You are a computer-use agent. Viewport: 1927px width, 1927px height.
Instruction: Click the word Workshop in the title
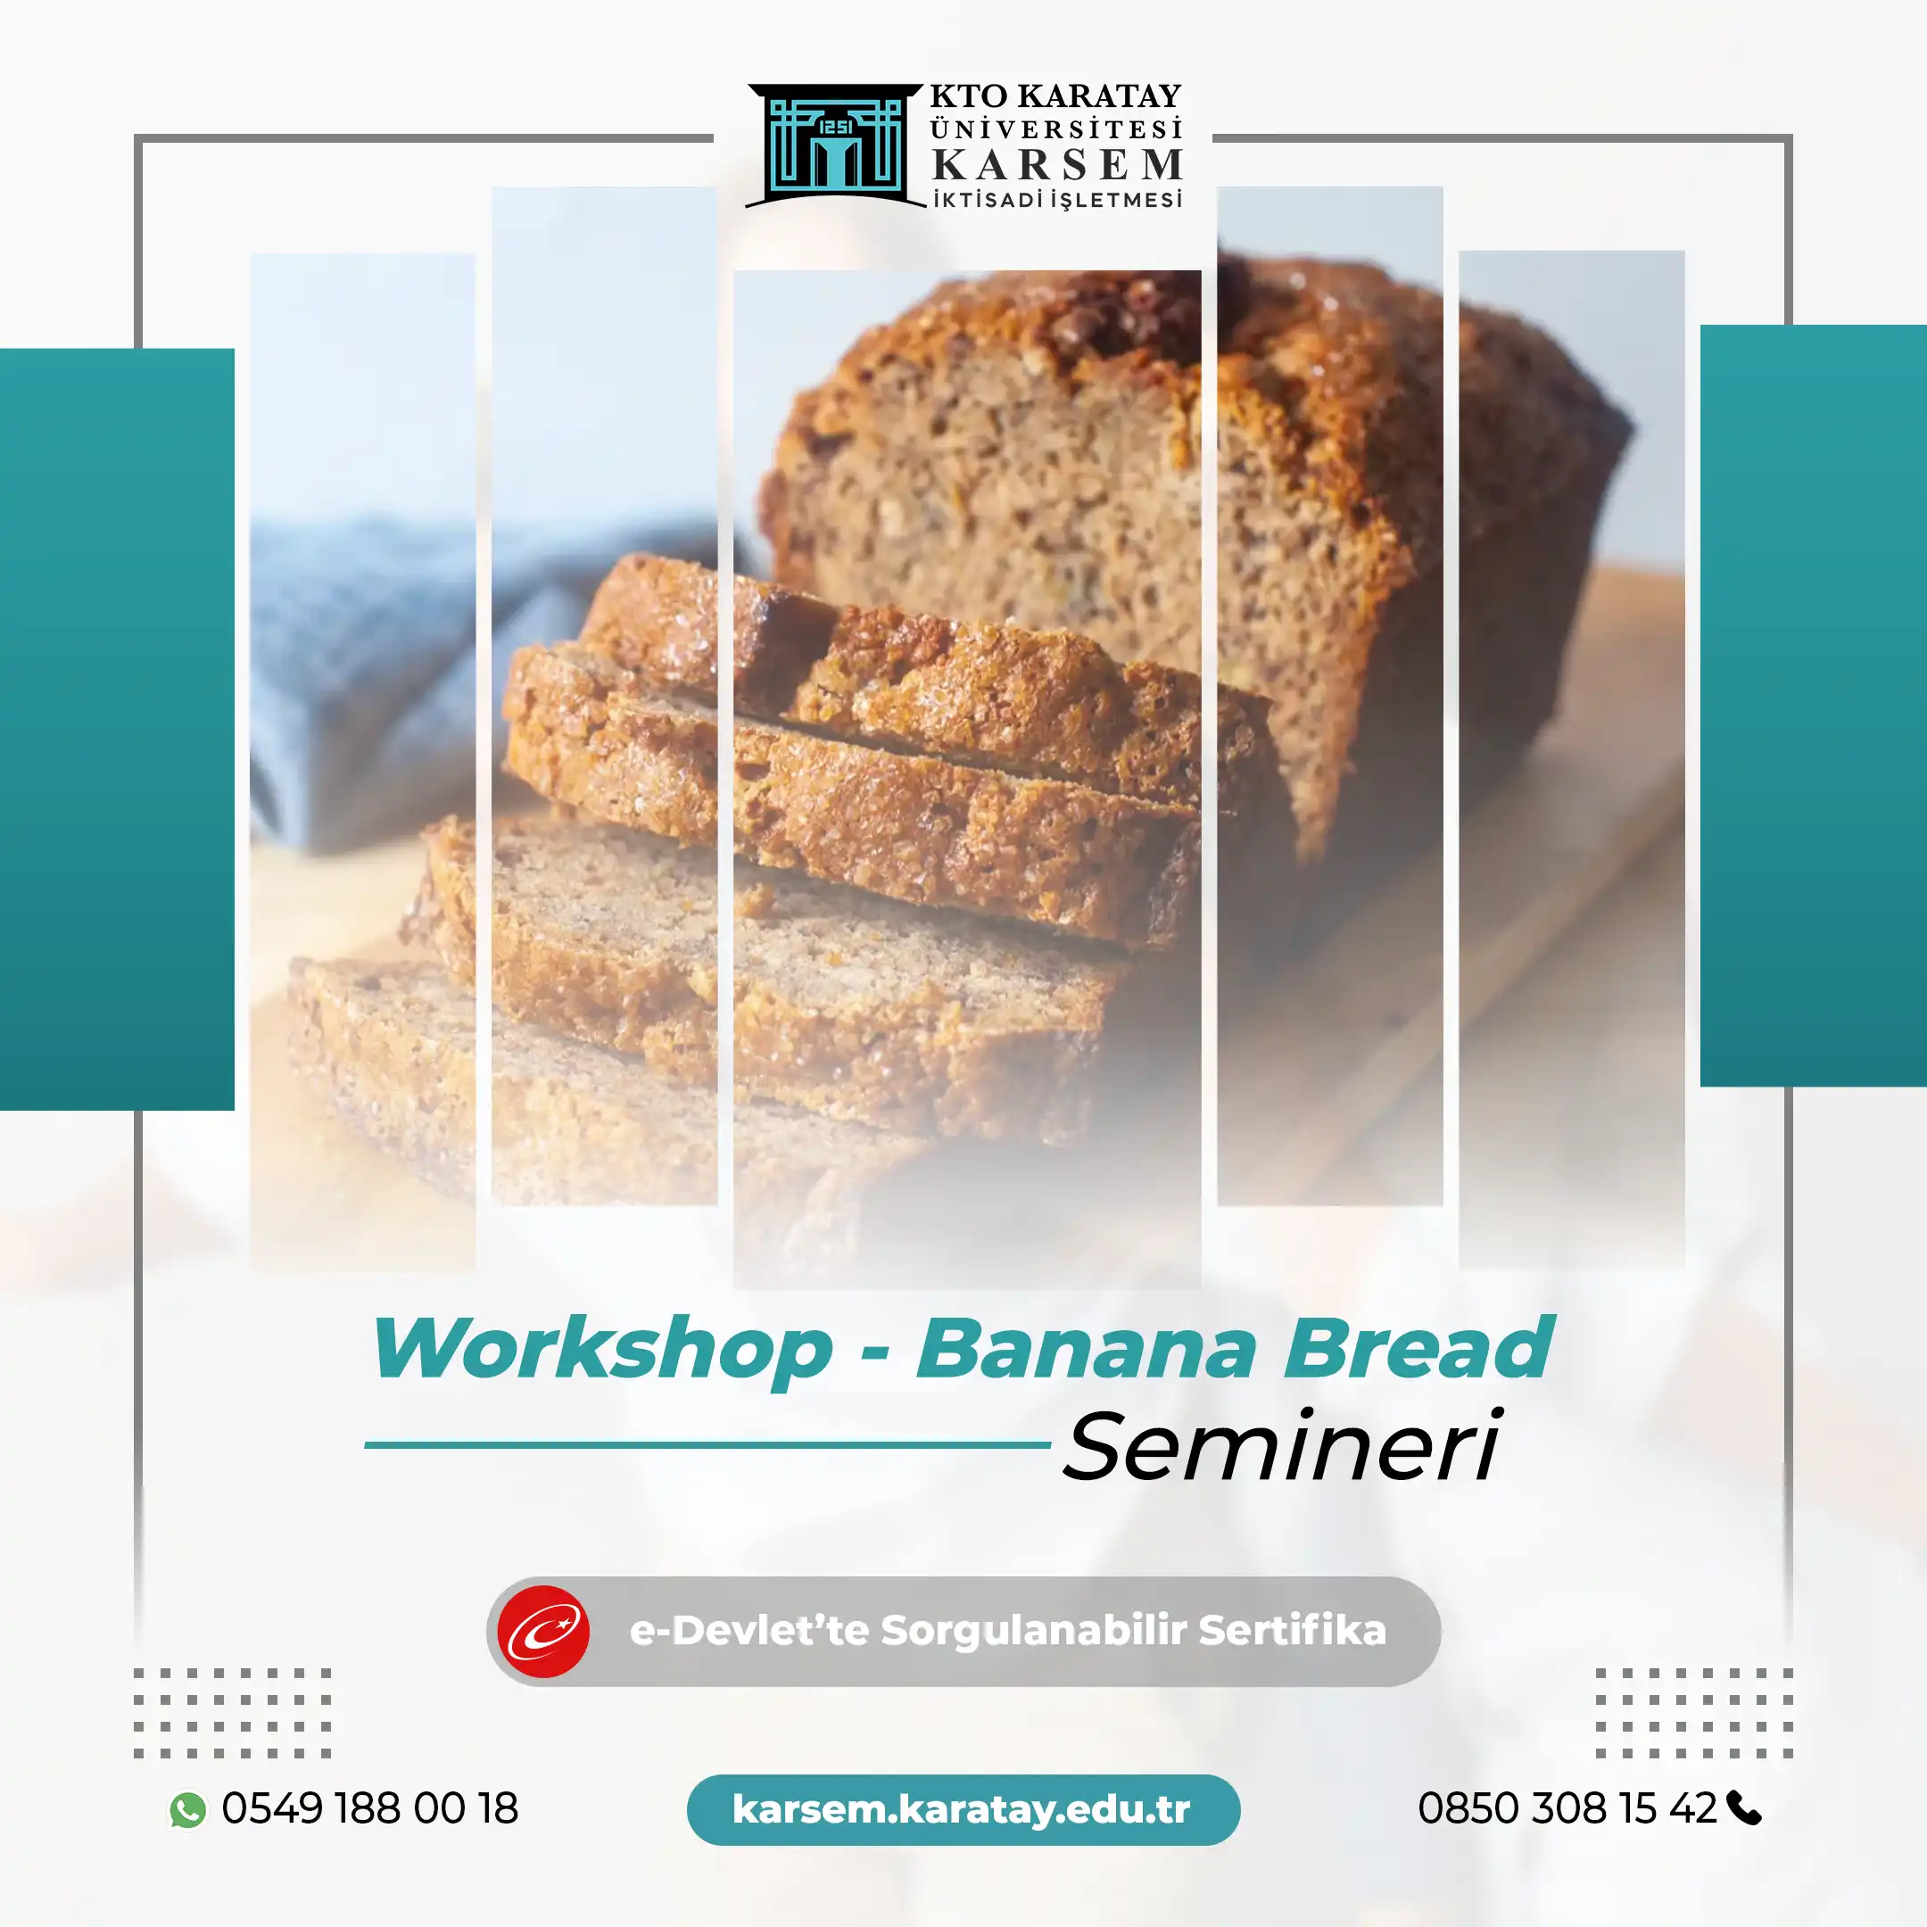pos(602,1349)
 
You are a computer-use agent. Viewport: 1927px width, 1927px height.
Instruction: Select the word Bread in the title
pos(1418,1349)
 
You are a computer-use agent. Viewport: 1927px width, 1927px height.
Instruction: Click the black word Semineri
pos(1282,1446)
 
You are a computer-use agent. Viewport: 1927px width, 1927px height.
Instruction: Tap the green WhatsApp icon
pos(187,1809)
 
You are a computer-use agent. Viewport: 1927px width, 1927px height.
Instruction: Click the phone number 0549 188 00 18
pos(370,1808)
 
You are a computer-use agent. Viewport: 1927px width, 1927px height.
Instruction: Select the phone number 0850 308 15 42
pos(1567,1808)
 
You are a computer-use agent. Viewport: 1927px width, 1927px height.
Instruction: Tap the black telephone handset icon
pos(1743,1808)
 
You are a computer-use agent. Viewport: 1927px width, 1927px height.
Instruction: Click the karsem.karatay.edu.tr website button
pos(963,1809)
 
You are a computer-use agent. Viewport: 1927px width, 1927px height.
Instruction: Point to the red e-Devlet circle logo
pos(543,1632)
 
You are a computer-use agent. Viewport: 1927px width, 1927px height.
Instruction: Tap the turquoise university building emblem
pos(835,145)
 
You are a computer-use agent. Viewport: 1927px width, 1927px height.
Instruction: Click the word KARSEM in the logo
pos(1057,164)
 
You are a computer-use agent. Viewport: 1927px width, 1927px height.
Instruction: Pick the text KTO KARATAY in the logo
pos(1055,96)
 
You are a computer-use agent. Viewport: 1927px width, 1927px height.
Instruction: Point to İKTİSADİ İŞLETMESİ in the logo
pos(1057,200)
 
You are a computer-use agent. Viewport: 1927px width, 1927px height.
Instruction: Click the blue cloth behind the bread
pos(359,649)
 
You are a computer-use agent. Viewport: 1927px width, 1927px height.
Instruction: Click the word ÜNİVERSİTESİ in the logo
pos(1055,129)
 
